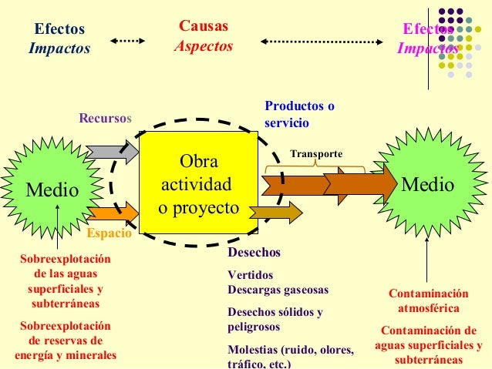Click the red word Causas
203,27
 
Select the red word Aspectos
203,46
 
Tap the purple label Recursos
106,119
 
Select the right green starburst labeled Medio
429,185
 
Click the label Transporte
315,154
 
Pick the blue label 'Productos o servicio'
299,114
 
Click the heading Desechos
254,253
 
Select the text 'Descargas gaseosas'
278,290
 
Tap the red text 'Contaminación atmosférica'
428,300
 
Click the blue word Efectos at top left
59,29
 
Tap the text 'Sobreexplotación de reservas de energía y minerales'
66,340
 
